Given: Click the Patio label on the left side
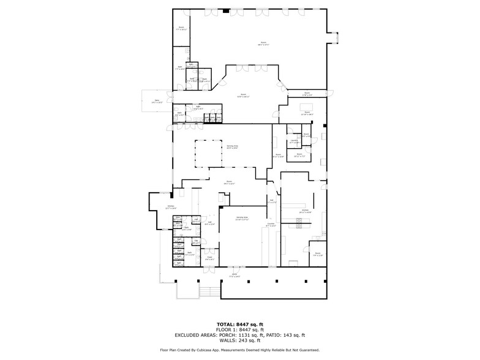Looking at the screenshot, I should tap(157, 100).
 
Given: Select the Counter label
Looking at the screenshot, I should tap(271, 225).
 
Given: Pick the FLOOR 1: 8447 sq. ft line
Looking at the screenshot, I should tap(239, 329).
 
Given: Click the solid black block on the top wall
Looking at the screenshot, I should tap(226, 10).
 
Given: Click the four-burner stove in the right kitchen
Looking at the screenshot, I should tap(299, 224).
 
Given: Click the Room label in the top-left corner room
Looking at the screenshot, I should tap(181, 28).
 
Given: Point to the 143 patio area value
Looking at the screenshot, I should tap(287, 335).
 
